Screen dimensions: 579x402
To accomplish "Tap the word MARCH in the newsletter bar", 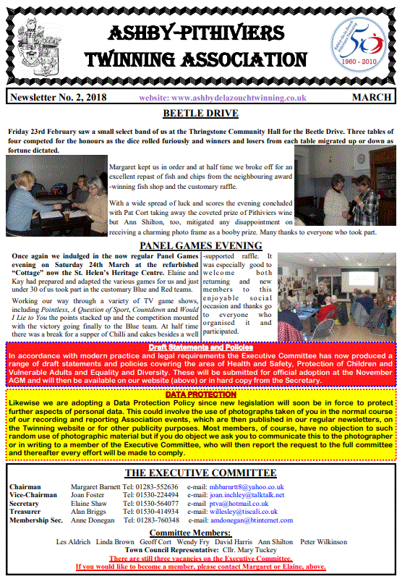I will tap(372, 98).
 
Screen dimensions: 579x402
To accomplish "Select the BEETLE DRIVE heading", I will tap(200, 114).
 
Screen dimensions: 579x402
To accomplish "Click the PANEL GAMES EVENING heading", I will tap(200, 245).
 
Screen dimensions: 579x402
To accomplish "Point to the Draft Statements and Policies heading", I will tap(200, 347).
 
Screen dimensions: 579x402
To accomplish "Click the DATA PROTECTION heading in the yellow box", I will tap(200, 394).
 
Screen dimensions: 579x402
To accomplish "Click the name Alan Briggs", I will tap(88, 512).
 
